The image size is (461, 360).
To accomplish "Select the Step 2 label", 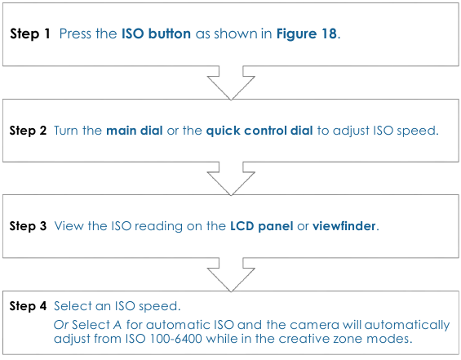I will pos(28,131).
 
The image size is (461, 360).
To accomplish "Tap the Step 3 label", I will pos(28,226).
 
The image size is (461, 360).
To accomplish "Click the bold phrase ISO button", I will pos(156,35).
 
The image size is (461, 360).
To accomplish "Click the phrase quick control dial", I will pos(258,131).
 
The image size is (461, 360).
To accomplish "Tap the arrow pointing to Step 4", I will pos(230,273).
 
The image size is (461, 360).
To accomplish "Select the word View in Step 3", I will pos(68,226).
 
